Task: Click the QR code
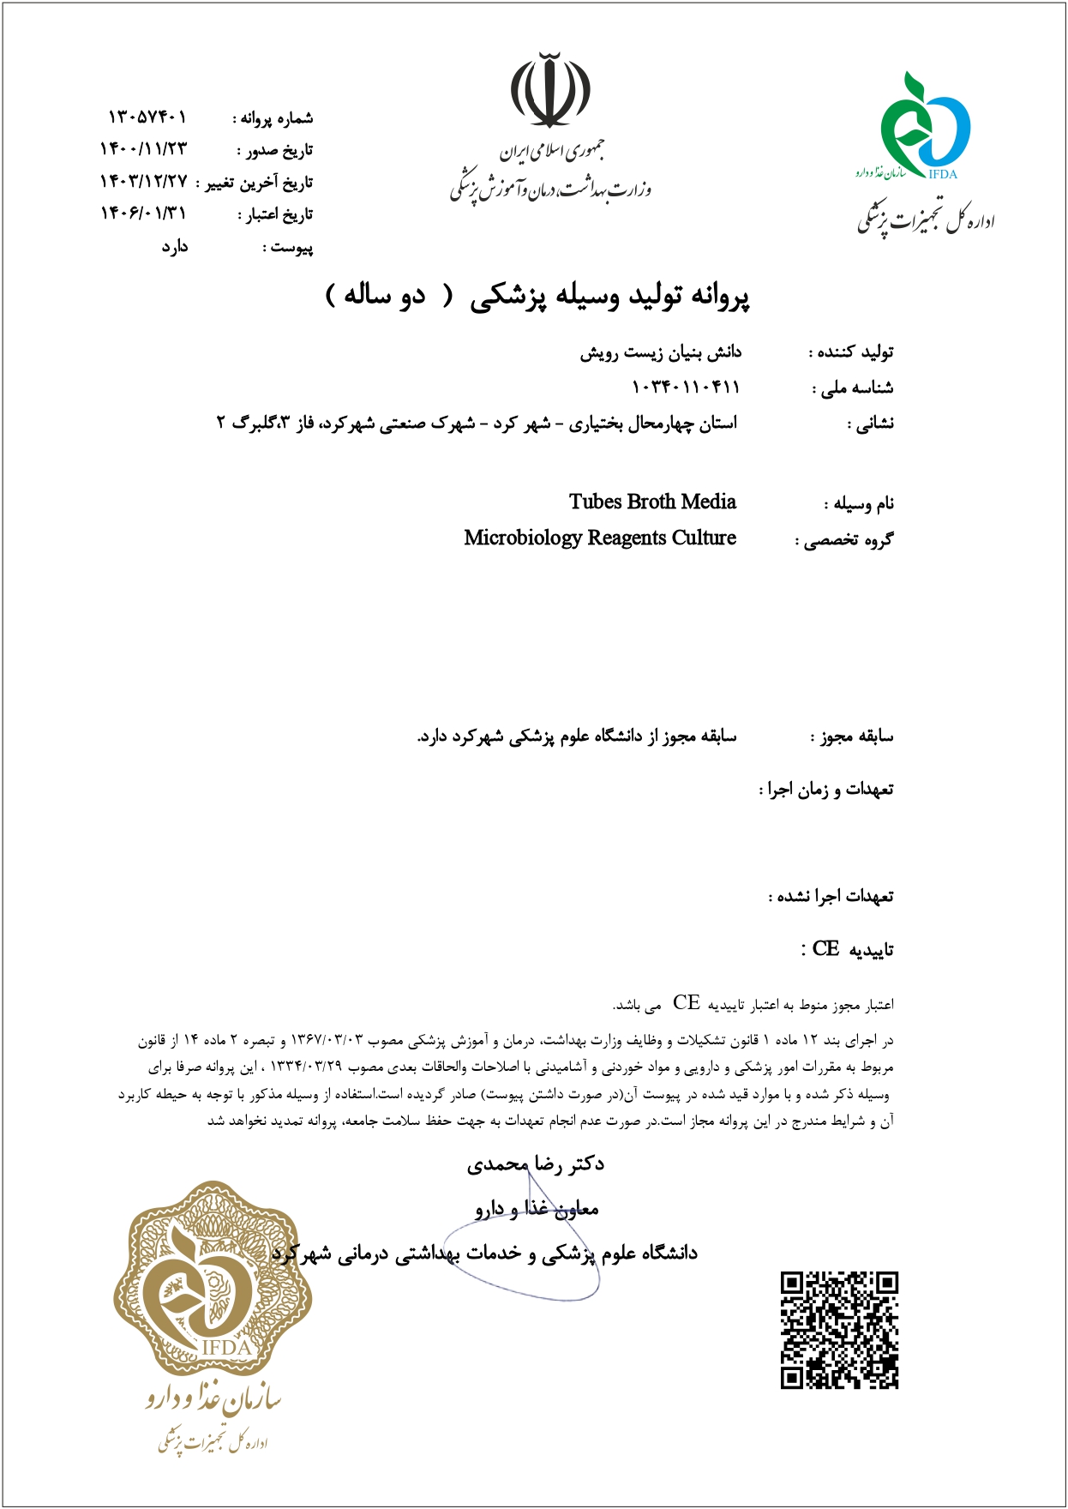tap(838, 1330)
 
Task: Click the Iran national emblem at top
tap(550, 90)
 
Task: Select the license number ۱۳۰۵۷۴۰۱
tap(147, 117)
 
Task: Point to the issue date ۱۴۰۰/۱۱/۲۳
tap(143, 149)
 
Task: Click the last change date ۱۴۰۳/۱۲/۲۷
tap(143, 181)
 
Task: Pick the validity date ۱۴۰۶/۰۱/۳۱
tap(143, 213)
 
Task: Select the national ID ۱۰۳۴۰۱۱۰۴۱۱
tap(685, 388)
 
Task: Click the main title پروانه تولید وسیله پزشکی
tap(609, 296)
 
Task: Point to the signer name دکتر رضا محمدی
tap(536, 1164)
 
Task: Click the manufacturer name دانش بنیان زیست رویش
tap(660, 352)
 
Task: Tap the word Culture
tap(704, 538)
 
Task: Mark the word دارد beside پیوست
tap(175, 247)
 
